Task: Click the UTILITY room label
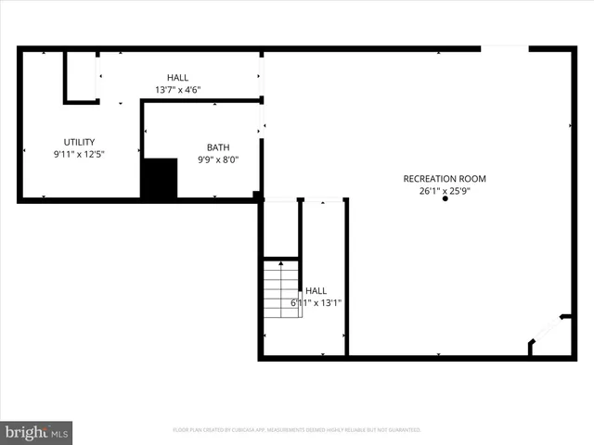tap(79, 142)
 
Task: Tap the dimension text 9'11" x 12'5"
tap(79, 155)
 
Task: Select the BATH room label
tap(218, 146)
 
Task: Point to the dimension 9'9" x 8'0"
tap(218, 159)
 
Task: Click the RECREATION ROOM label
tap(444, 179)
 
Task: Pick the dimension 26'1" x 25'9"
tap(444, 192)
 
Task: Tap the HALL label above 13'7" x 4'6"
tap(177, 77)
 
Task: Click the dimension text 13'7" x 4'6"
tap(177, 90)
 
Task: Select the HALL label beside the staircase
tap(316, 290)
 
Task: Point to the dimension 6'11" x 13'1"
tap(315, 303)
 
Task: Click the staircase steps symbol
tap(281, 289)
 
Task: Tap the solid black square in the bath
tap(159, 178)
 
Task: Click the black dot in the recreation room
tap(445, 200)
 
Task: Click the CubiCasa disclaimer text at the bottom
tap(297, 430)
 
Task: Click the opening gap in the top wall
tap(504, 48)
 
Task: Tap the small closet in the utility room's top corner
tap(82, 76)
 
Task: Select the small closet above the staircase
tap(281, 228)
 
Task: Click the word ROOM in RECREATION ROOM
tap(471, 179)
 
